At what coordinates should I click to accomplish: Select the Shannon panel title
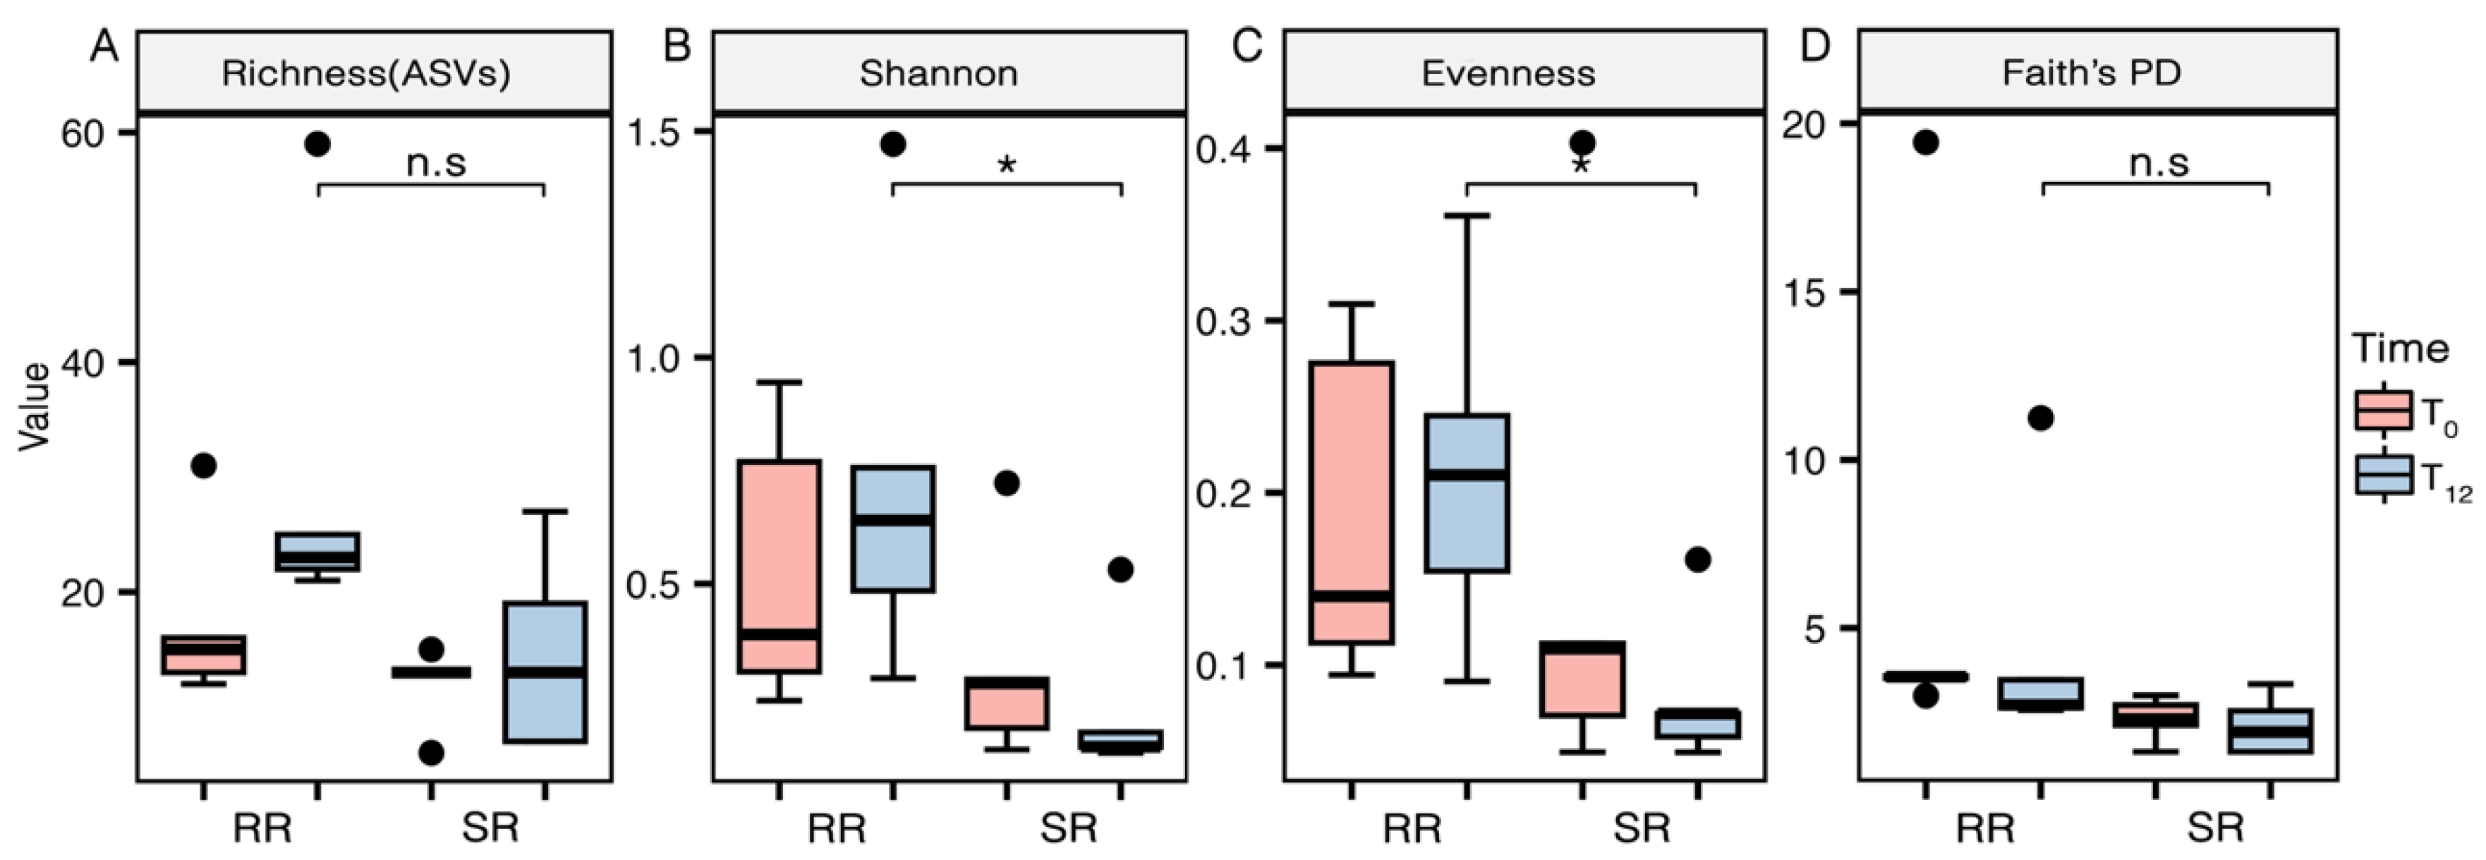click(x=938, y=73)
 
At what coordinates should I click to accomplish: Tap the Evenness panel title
click(x=1508, y=73)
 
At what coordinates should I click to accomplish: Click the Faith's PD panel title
click(x=2091, y=73)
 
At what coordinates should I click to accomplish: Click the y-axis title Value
click(x=35, y=406)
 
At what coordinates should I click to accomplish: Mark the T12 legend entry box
click(x=2384, y=475)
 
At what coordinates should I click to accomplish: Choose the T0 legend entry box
click(x=2384, y=410)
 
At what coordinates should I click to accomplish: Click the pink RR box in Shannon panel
click(x=779, y=567)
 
